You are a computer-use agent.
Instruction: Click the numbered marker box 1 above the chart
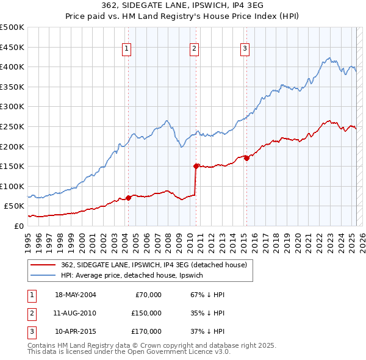click(x=126, y=49)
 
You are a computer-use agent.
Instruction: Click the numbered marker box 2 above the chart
click(x=194, y=49)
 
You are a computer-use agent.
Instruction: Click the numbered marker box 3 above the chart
click(x=245, y=49)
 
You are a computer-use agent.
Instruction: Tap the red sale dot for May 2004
click(x=128, y=198)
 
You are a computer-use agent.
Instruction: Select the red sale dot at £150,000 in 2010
click(x=196, y=165)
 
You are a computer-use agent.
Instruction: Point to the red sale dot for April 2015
click(x=246, y=158)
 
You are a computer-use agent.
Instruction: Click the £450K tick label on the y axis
click(x=12, y=47)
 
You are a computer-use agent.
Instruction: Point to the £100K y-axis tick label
click(x=12, y=186)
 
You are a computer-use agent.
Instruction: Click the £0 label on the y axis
click(x=18, y=226)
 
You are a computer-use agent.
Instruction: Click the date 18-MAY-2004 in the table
click(x=76, y=295)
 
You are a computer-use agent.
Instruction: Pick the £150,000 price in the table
click(x=146, y=313)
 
